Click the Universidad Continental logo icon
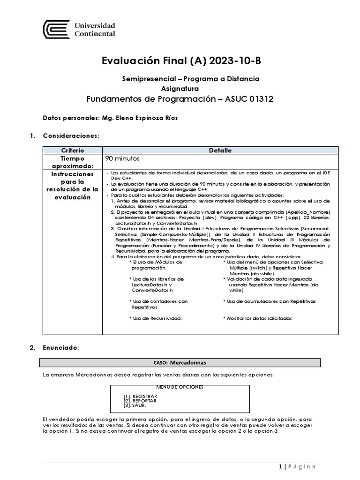click(x=56, y=30)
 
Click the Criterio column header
click(x=72, y=150)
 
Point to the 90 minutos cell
click(x=123, y=159)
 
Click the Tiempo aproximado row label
click(x=72, y=162)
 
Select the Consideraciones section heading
click(x=71, y=136)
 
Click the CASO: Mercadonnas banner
click(x=180, y=362)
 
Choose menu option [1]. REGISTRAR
click(x=140, y=396)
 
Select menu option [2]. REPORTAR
click(x=140, y=401)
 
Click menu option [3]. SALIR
click(x=135, y=405)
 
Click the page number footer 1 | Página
click(x=297, y=466)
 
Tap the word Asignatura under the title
click(x=180, y=88)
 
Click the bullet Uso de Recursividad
click(x=156, y=318)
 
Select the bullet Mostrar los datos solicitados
click(x=259, y=318)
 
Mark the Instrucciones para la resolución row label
click(x=72, y=185)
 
